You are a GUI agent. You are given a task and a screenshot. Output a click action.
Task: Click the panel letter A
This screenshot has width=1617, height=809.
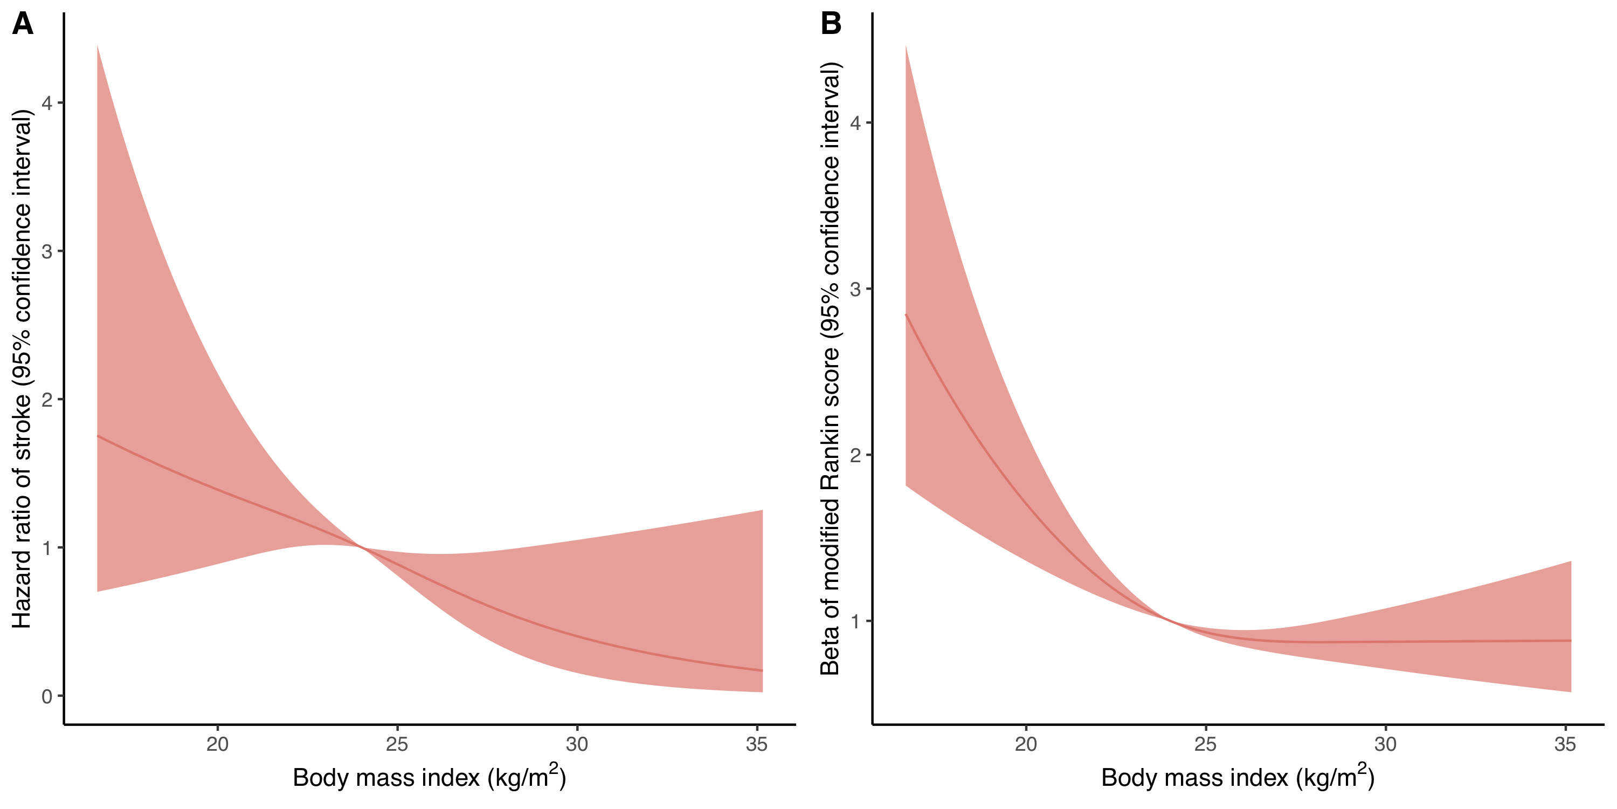(x=23, y=24)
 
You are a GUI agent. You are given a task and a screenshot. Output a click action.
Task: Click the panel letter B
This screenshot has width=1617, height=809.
(x=831, y=24)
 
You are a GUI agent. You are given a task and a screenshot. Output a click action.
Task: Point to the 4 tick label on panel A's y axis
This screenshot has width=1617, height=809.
(x=47, y=103)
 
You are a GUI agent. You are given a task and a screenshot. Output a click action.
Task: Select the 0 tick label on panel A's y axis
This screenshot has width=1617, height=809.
(x=47, y=697)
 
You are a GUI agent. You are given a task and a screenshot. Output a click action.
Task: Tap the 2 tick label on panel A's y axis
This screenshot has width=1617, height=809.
(x=47, y=400)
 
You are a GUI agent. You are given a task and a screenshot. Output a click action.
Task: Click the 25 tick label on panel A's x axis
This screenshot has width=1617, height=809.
(x=397, y=744)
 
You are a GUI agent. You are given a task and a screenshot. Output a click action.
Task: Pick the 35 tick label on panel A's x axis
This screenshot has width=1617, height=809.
(x=756, y=744)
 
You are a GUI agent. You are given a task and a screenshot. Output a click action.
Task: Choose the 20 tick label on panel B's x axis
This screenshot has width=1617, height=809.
(x=1026, y=744)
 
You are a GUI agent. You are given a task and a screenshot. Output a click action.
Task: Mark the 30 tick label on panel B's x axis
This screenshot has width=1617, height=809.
(x=1385, y=744)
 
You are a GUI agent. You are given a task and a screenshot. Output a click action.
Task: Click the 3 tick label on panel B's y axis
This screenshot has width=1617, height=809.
(x=855, y=290)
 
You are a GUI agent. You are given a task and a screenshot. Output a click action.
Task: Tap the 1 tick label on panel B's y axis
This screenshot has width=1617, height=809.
(x=855, y=622)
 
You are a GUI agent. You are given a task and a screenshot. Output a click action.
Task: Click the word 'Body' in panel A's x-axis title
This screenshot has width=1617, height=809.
(x=316, y=778)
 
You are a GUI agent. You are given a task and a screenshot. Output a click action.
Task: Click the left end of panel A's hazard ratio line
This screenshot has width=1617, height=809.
(x=98, y=436)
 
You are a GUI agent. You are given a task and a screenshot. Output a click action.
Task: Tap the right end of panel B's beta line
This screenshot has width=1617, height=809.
(x=1571, y=641)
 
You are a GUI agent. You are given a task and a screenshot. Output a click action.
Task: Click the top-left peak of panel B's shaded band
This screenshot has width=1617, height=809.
(x=906, y=46)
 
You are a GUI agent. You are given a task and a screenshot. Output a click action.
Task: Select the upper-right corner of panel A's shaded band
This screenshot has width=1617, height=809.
(x=762, y=511)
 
